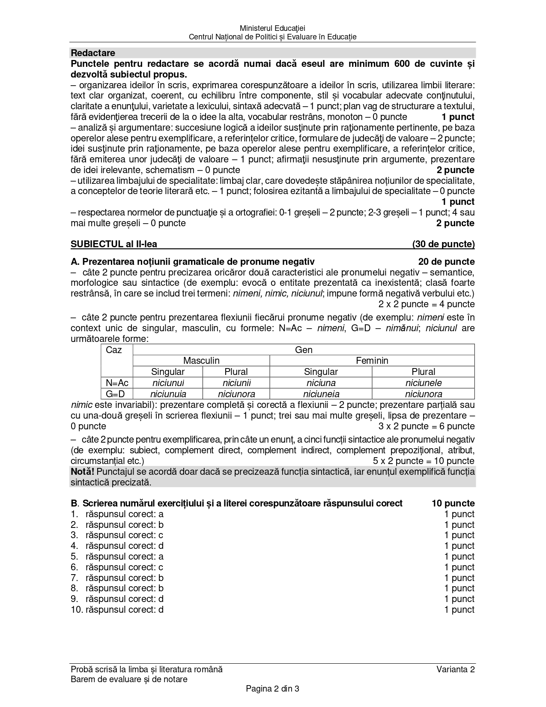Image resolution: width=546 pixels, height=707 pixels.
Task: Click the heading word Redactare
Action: (x=93, y=53)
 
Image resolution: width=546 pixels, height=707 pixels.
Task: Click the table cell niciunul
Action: (x=168, y=383)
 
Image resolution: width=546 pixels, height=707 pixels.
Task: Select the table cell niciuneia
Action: (x=321, y=394)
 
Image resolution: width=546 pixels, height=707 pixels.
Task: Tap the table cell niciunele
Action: (x=423, y=383)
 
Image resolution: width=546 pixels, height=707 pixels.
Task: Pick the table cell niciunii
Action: (x=236, y=383)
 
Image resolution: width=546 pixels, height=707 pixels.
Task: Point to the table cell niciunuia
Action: (x=168, y=394)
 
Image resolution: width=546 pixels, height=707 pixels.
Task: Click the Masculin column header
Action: (x=201, y=360)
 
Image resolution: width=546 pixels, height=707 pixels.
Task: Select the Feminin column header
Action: (x=372, y=360)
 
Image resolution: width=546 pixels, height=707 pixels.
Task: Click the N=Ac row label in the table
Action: (x=117, y=383)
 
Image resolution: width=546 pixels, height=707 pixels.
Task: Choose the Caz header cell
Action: (x=114, y=350)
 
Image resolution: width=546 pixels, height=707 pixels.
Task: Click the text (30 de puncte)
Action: (x=443, y=244)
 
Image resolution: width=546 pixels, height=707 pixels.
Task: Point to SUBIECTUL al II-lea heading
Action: (x=114, y=244)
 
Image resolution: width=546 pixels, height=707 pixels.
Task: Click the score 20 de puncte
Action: (x=446, y=261)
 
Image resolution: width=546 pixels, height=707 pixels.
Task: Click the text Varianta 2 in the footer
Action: (x=456, y=669)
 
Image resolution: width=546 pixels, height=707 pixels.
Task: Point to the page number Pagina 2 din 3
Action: (x=272, y=689)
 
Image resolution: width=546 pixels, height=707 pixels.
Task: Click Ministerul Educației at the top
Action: (x=273, y=28)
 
